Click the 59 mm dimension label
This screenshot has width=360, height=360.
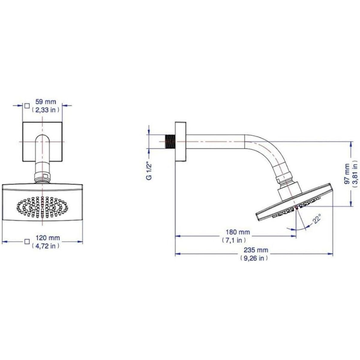click(x=46, y=102)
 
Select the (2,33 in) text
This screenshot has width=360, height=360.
click(x=45, y=110)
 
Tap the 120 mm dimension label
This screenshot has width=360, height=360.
click(x=48, y=238)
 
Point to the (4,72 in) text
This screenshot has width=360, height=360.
click(x=45, y=246)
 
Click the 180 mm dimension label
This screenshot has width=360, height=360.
click(x=238, y=232)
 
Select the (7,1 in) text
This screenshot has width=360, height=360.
click(x=234, y=240)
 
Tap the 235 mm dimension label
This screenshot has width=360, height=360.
click(x=256, y=250)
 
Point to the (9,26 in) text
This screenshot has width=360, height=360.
click(x=254, y=258)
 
